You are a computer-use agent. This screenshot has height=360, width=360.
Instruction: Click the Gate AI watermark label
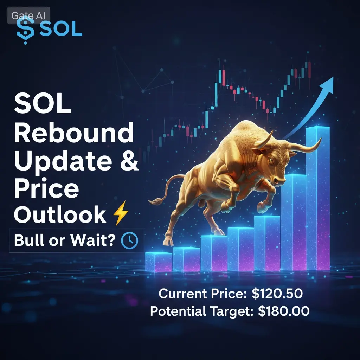pyautogui.click(x=28, y=15)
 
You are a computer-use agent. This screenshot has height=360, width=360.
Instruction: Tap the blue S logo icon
pyautogui.click(x=25, y=30)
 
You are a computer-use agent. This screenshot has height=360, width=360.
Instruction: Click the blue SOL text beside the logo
pyautogui.click(x=60, y=29)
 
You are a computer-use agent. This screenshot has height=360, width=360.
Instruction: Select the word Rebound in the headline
pyautogui.click(x=74, y=133)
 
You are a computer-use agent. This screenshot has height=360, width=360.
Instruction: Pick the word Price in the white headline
pyautogui.click(x=47, y=188)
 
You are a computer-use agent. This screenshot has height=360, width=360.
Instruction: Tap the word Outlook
pyautogui.click(x=60, y=214)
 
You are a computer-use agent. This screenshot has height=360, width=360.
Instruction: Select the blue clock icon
pyautogui.click(x=130, y=240)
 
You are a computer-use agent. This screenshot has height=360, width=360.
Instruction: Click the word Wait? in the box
pyautogui.click(x=93, y=240)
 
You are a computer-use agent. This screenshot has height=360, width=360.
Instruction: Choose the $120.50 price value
pyautogui.click(x=277, y=294)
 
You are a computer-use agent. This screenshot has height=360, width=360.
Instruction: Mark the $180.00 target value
pyautogui.click(x=284, y=311)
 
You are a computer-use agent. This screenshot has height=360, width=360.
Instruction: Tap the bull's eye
pyautogui.click(x=271, y=160)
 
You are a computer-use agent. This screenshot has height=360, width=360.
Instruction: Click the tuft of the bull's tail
pyautogui.click(x=156, y=201)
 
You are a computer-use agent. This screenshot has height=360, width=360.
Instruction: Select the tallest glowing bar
pyautogui.click(x=318, y=198)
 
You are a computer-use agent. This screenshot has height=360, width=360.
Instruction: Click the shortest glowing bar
pyautogui.click(x=159, y=262)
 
